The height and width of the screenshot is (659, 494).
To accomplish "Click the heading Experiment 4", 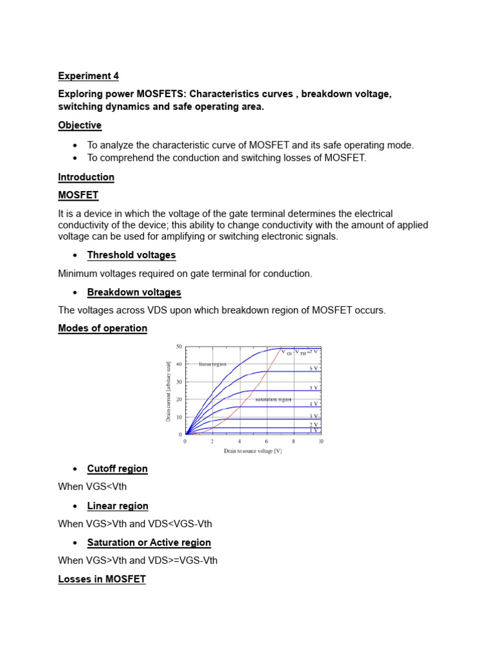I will click(88, 76).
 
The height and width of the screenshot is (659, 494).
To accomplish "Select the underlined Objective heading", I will click(80, 125).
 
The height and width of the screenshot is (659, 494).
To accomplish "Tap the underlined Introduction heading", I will click(86, 177).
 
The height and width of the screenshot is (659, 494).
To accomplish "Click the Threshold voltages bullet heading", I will click(131, 255).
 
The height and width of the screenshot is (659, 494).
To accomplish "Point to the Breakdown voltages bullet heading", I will click(134, 292).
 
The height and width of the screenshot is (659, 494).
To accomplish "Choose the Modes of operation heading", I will click(102, 328).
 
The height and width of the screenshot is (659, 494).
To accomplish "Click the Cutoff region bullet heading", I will click(117, 469).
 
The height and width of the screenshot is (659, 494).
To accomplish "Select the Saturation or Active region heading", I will click(149, 543).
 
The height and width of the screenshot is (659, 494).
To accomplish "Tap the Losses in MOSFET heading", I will click(102, 579).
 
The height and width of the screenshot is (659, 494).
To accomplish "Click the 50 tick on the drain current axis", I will click(179, 347).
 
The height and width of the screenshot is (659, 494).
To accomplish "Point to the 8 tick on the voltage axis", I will click(293, 442).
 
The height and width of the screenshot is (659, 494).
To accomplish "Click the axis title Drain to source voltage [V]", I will click(253, 451).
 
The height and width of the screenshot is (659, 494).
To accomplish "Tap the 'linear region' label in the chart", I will click(214, 364).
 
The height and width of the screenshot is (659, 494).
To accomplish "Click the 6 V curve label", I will click(314, 369).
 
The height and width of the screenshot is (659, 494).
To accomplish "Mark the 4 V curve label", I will click(314, 404).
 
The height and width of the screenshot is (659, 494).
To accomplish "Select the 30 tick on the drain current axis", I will click(179, 382).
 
